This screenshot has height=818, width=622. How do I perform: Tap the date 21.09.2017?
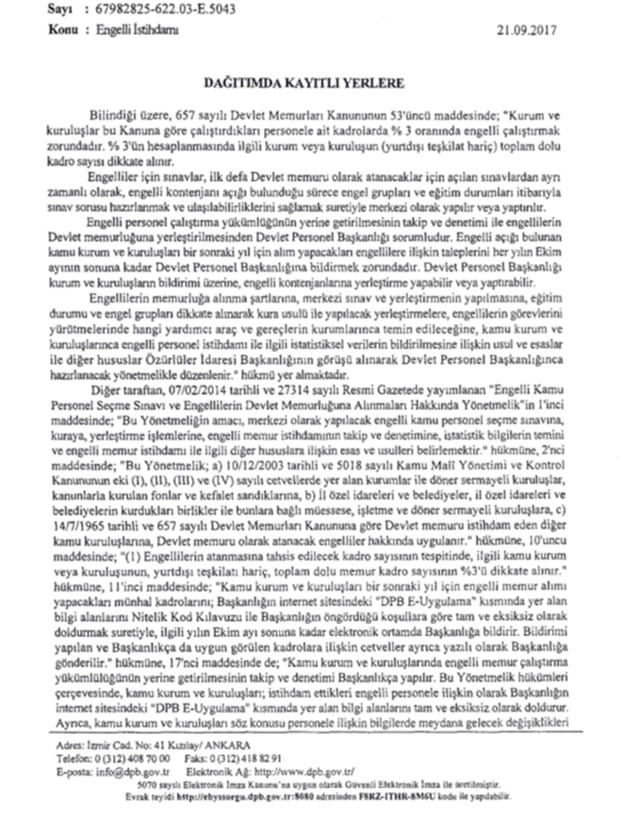point(532,29)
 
